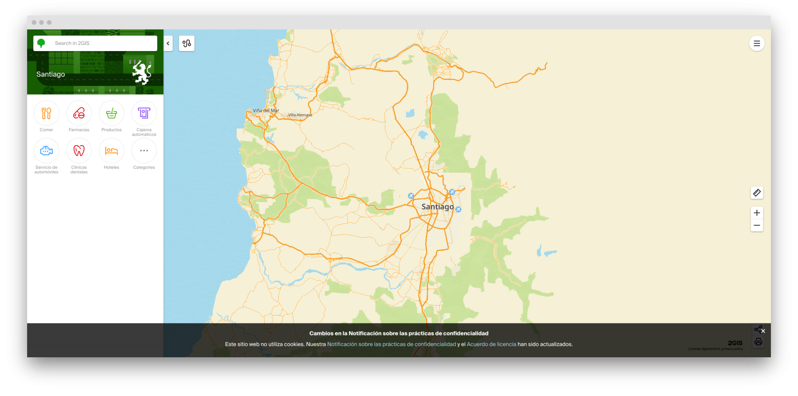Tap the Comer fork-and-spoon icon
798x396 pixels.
pyautogui.click(x=46, y=113)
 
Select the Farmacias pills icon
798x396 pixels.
pyautogui.click(x=79, y=113)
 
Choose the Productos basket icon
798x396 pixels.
pyautogui.click(x=111, y=113)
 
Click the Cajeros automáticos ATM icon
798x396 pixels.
pyautogui.click(x=144, y=113)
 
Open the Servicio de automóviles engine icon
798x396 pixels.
pyautogui.click(x=46, y=151)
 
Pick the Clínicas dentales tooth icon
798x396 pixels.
pyautogui.click(x=79, y=151)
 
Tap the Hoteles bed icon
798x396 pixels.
pyautogui.click(x=111, y=151)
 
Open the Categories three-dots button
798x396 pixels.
pyautogui.click(x=144, y=151)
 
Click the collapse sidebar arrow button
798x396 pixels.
pyautogui.click(x=168, y=43)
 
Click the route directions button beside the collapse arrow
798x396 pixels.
pyautogui.click(x=187, y=43)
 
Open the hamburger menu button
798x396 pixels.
pyautogui.click(x=757, y=43)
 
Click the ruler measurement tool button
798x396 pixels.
pyautogui.click(x=757, y=193)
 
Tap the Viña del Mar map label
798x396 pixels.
pyautogui.click(x=266, y=110)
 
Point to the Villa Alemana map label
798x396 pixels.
pyautogui.click(x=300, y=115)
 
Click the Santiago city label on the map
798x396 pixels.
pyautogui.click(x=437, y=207)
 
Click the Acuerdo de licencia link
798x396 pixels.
pyautogui.click(x=491, y=344)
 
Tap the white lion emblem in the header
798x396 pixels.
pyautogui.click(x=142, y=73)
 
